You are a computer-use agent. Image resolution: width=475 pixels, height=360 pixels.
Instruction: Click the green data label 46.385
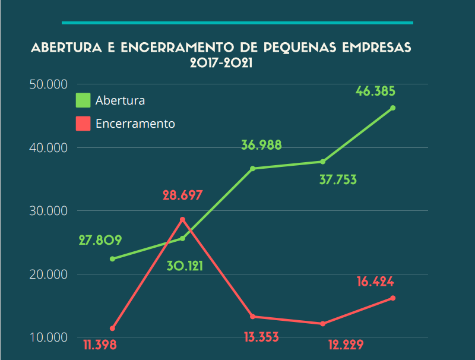(x=375, y=91)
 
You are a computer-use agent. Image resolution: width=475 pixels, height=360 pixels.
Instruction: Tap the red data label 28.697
(x=183, y=195)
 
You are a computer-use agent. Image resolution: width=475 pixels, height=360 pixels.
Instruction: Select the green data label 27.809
(x=100, y=241)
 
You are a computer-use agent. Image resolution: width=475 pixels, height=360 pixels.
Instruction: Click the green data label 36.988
(x=261, y=145)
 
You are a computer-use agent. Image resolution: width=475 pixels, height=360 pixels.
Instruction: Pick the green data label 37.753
(x=338, y=180)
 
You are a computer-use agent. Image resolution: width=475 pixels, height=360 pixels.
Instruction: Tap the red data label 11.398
(x=100, y=345)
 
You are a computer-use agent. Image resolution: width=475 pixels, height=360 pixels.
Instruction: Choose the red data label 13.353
(x=261, y=337)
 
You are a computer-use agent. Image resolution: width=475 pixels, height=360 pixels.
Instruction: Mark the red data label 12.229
(x=337, y=345)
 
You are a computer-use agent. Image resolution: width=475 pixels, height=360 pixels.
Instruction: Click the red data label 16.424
(x=375, y=282)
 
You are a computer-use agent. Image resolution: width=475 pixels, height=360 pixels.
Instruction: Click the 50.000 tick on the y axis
(x=49, y=84)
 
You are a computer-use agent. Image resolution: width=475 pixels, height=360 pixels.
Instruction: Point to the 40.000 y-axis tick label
(x=49, y=147)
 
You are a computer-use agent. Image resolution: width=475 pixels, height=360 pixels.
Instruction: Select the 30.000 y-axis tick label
(x=49, y=211)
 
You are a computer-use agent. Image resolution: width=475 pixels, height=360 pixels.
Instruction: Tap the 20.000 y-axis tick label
(x=49, y=274)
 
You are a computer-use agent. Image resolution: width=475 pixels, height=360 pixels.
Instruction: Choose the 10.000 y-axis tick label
(x=49, y=337)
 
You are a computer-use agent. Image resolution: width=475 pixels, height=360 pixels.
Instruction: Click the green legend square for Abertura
(x=83, y=100)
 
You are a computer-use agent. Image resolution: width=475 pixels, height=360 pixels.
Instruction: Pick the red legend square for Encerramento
(x=83, y=124)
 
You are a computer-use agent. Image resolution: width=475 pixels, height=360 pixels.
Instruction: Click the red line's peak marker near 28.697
(x=183, y=220)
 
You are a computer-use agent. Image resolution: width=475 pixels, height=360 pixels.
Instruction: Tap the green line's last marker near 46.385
(x=393, y=108)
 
